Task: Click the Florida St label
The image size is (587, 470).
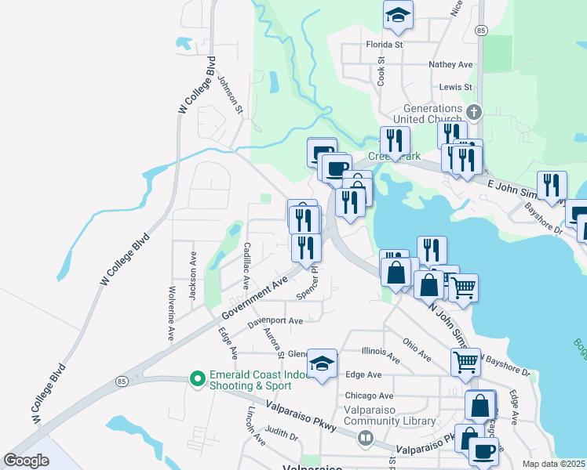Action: (x=384, y=45)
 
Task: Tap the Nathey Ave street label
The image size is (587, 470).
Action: (x=450, y=64)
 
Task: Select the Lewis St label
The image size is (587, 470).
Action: (x=456, y=87)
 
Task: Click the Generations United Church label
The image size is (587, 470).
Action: (x=432, y=114)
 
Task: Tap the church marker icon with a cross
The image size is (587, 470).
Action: (x=472, y=110)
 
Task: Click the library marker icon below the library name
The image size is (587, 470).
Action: (x=365, y=439)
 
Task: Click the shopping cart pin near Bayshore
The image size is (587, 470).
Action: (x=465, y=362)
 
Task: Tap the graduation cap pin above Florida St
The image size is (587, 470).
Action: (x=399, y=16)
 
